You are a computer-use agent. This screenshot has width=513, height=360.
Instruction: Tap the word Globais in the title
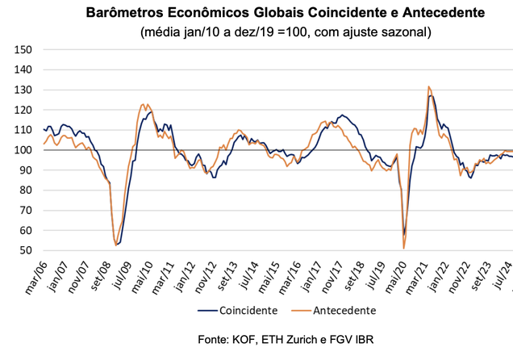coord(296,14)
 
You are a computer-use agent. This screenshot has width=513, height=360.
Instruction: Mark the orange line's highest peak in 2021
coord(429,86)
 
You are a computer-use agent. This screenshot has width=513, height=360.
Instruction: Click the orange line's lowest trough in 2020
coord(403,248)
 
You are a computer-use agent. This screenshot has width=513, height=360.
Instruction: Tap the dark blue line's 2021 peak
coord(432,96)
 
